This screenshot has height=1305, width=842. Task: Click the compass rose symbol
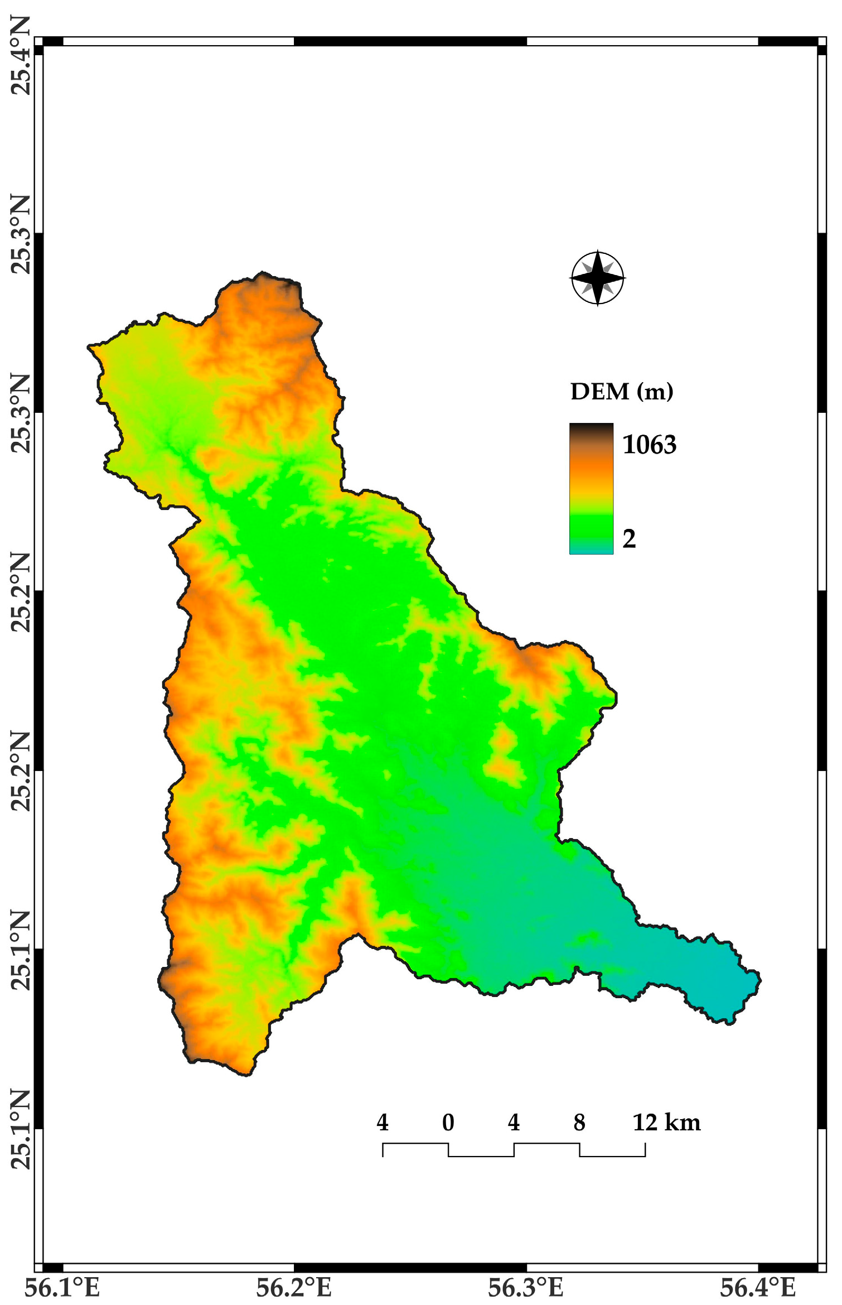597,278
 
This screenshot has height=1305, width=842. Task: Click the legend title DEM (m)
621,392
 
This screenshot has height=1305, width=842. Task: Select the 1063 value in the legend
649,445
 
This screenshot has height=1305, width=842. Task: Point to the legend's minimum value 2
629,538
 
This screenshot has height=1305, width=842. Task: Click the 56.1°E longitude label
62,1287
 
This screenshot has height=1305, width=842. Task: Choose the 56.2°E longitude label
294,1287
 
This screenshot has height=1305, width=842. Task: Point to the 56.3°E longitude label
526,1287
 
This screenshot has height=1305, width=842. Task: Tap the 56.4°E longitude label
758,1287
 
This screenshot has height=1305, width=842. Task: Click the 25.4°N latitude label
21,56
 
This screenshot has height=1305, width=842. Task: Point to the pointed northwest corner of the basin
89,347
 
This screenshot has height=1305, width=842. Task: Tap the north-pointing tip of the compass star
597,253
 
